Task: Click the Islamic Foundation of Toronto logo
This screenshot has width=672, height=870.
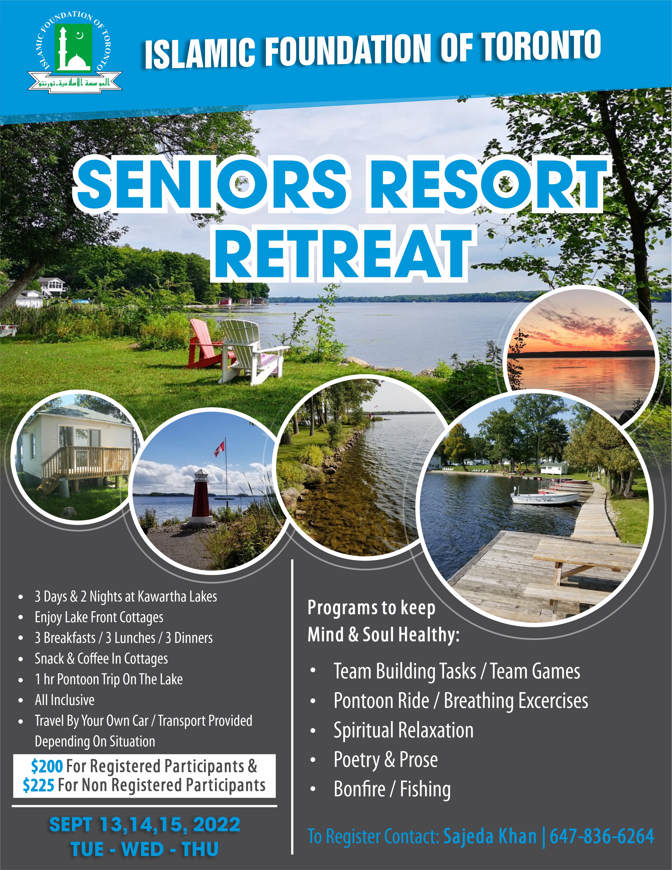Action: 75,52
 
